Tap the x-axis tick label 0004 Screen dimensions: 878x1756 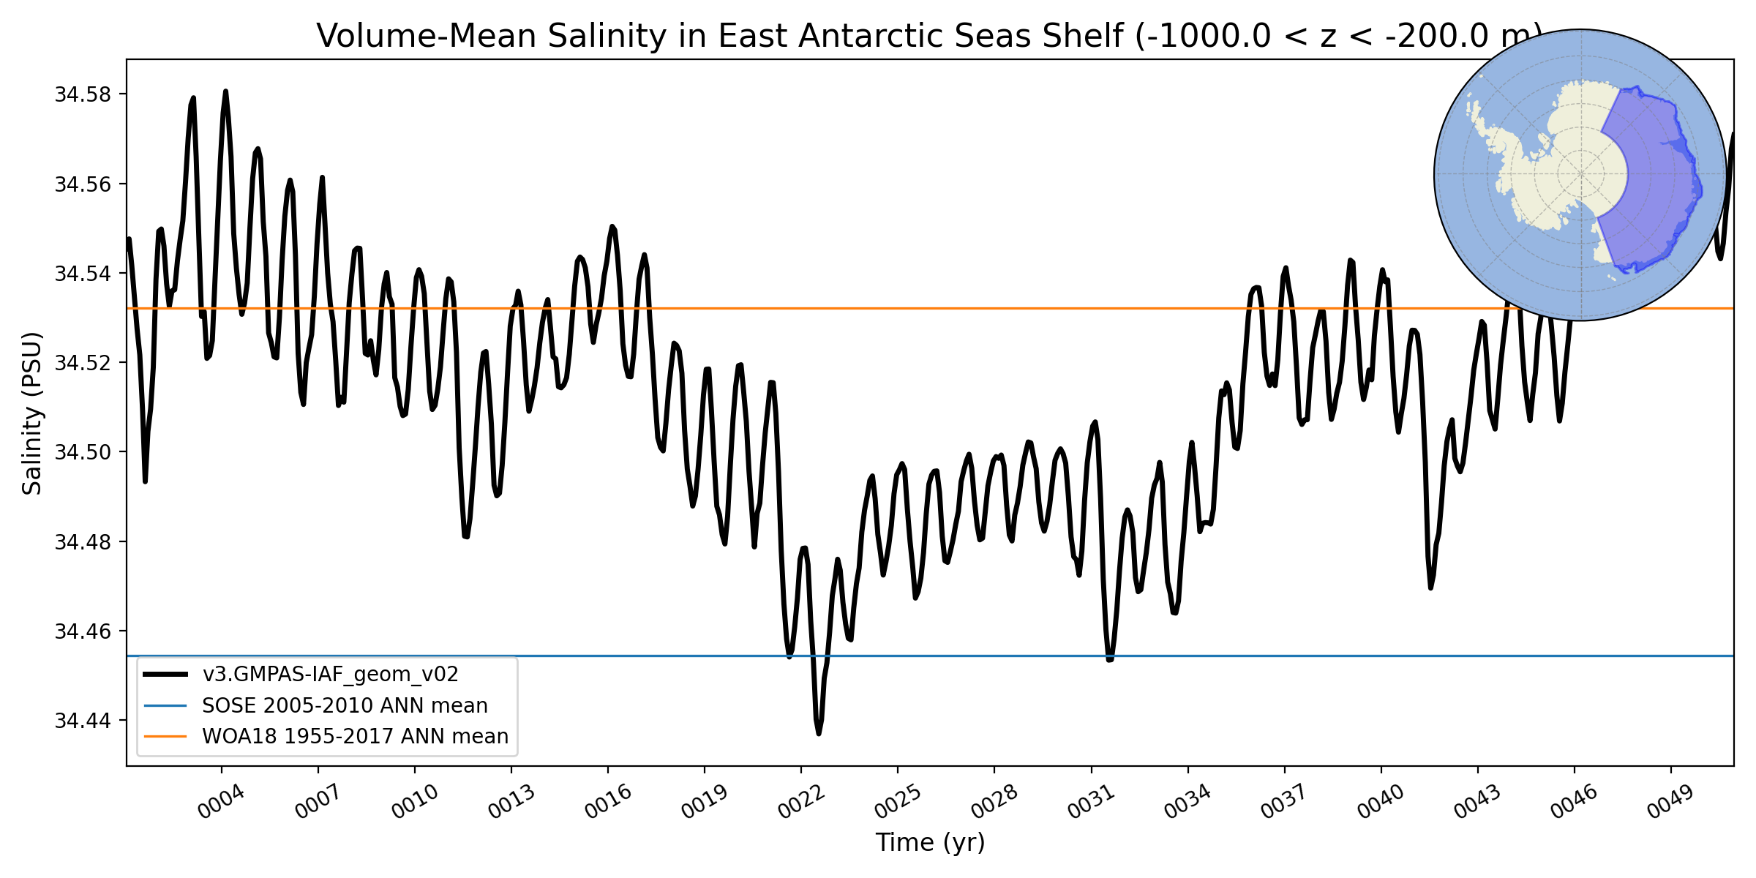pyautogui.click(x=221, y=802)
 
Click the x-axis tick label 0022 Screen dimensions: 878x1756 pyautogui.click(x=800, y=802)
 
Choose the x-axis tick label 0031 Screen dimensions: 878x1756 pyautogui.click(x=1090, y=802)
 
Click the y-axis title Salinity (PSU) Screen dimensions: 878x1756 pyautogui.click(x=32, y=413)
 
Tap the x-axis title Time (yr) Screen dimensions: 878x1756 pyautogui.click(x=930, y=842)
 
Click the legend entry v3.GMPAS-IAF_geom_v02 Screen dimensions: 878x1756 pyautogui.click(x=330, y=674)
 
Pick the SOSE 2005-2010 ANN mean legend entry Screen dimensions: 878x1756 pyautogui.click(x=345, y=705)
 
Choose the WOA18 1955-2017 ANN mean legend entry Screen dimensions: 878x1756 pyautogui.click(x=355, y=736)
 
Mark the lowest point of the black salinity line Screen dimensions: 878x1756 pyautogui.click(x=819, y=733)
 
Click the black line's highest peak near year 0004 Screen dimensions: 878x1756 pyautogui.click(x=225, y=91)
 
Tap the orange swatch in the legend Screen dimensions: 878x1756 pyautogui.click(x=165, y=736)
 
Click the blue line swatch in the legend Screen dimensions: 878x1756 pyautogui.click(x=165, y=705)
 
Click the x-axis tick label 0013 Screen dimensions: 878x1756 pyautogui.click(x=511, y=802)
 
